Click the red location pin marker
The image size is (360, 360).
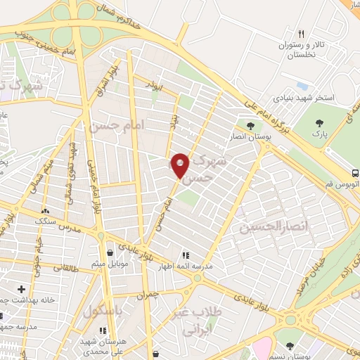(x=181, y=165)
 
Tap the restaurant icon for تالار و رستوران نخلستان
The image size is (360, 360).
(x=301, y=34)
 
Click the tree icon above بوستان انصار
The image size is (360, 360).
(x=250, y=127)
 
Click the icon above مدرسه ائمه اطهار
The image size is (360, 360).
(x=186, y=255)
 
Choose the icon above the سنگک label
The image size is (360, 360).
(x=46, y=210)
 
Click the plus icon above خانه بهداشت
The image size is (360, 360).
(x=21, y=288)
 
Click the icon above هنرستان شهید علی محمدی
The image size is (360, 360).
(x=103, y=330)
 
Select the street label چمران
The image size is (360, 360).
(x=149, y=296)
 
